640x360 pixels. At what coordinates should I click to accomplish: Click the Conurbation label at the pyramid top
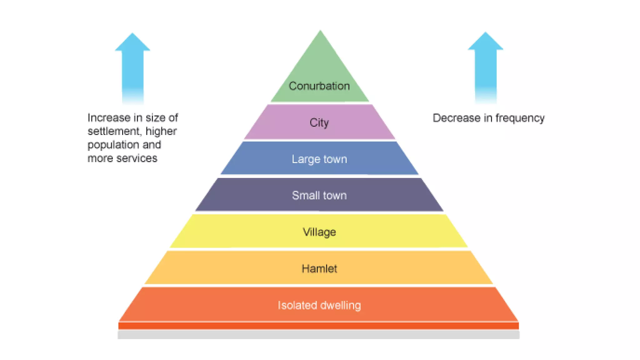[319, 86]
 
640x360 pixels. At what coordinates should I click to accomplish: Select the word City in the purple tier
[319, 122]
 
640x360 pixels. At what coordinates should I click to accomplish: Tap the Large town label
[319, 159]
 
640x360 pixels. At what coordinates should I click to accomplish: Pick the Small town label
[319, 196]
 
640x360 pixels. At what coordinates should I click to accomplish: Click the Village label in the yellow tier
[319, 232]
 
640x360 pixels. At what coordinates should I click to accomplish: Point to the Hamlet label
[319, 269]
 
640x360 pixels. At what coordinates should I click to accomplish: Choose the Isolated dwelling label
[319, 305]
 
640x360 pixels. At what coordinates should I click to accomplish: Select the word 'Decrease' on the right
[457, 118]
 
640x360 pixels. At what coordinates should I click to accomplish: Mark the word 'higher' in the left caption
[161, 132]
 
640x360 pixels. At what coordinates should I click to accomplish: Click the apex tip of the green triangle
[320, 31]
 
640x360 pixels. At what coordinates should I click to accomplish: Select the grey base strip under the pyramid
[318, 335]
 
